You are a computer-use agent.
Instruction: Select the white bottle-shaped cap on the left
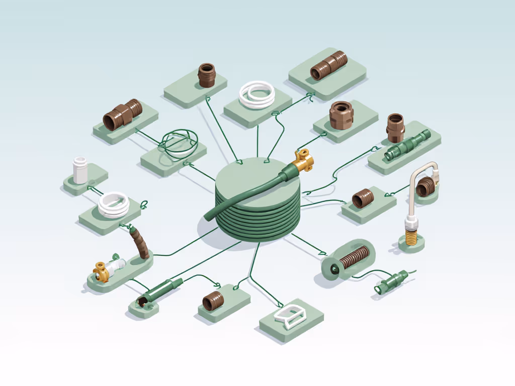point(80,170)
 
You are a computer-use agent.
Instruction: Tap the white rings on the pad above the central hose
point(257,94)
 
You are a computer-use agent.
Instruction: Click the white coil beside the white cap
point(114,203)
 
